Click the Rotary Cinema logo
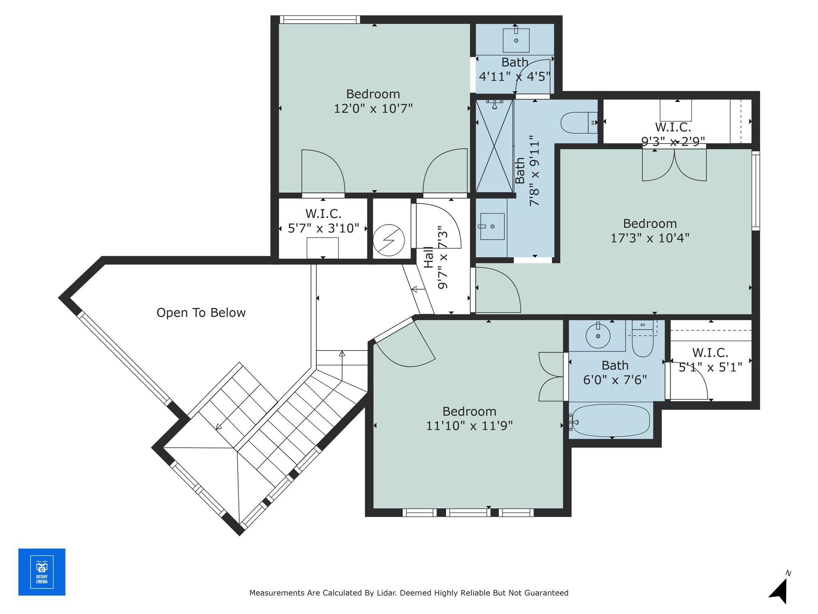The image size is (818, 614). coord(42,572)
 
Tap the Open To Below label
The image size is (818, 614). coord(201,313)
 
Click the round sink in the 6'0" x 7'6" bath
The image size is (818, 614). coord(598,336)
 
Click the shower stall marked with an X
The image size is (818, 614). coord(494,146)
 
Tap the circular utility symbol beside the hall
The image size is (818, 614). coord(389,240)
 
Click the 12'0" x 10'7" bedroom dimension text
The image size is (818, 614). coord(373,108)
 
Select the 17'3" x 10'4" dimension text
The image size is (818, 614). coord(650,238)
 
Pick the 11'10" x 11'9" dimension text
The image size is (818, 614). coord(469,426)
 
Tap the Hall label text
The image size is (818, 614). coord(428,257)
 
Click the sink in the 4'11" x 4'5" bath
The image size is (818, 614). coord(516,40)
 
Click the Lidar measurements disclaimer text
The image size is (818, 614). coord(409,593)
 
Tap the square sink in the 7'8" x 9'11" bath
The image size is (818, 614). coord(492,226)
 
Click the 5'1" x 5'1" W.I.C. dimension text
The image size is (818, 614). coord(711,367)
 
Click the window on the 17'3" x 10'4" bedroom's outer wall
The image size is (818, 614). coord(756,191)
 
